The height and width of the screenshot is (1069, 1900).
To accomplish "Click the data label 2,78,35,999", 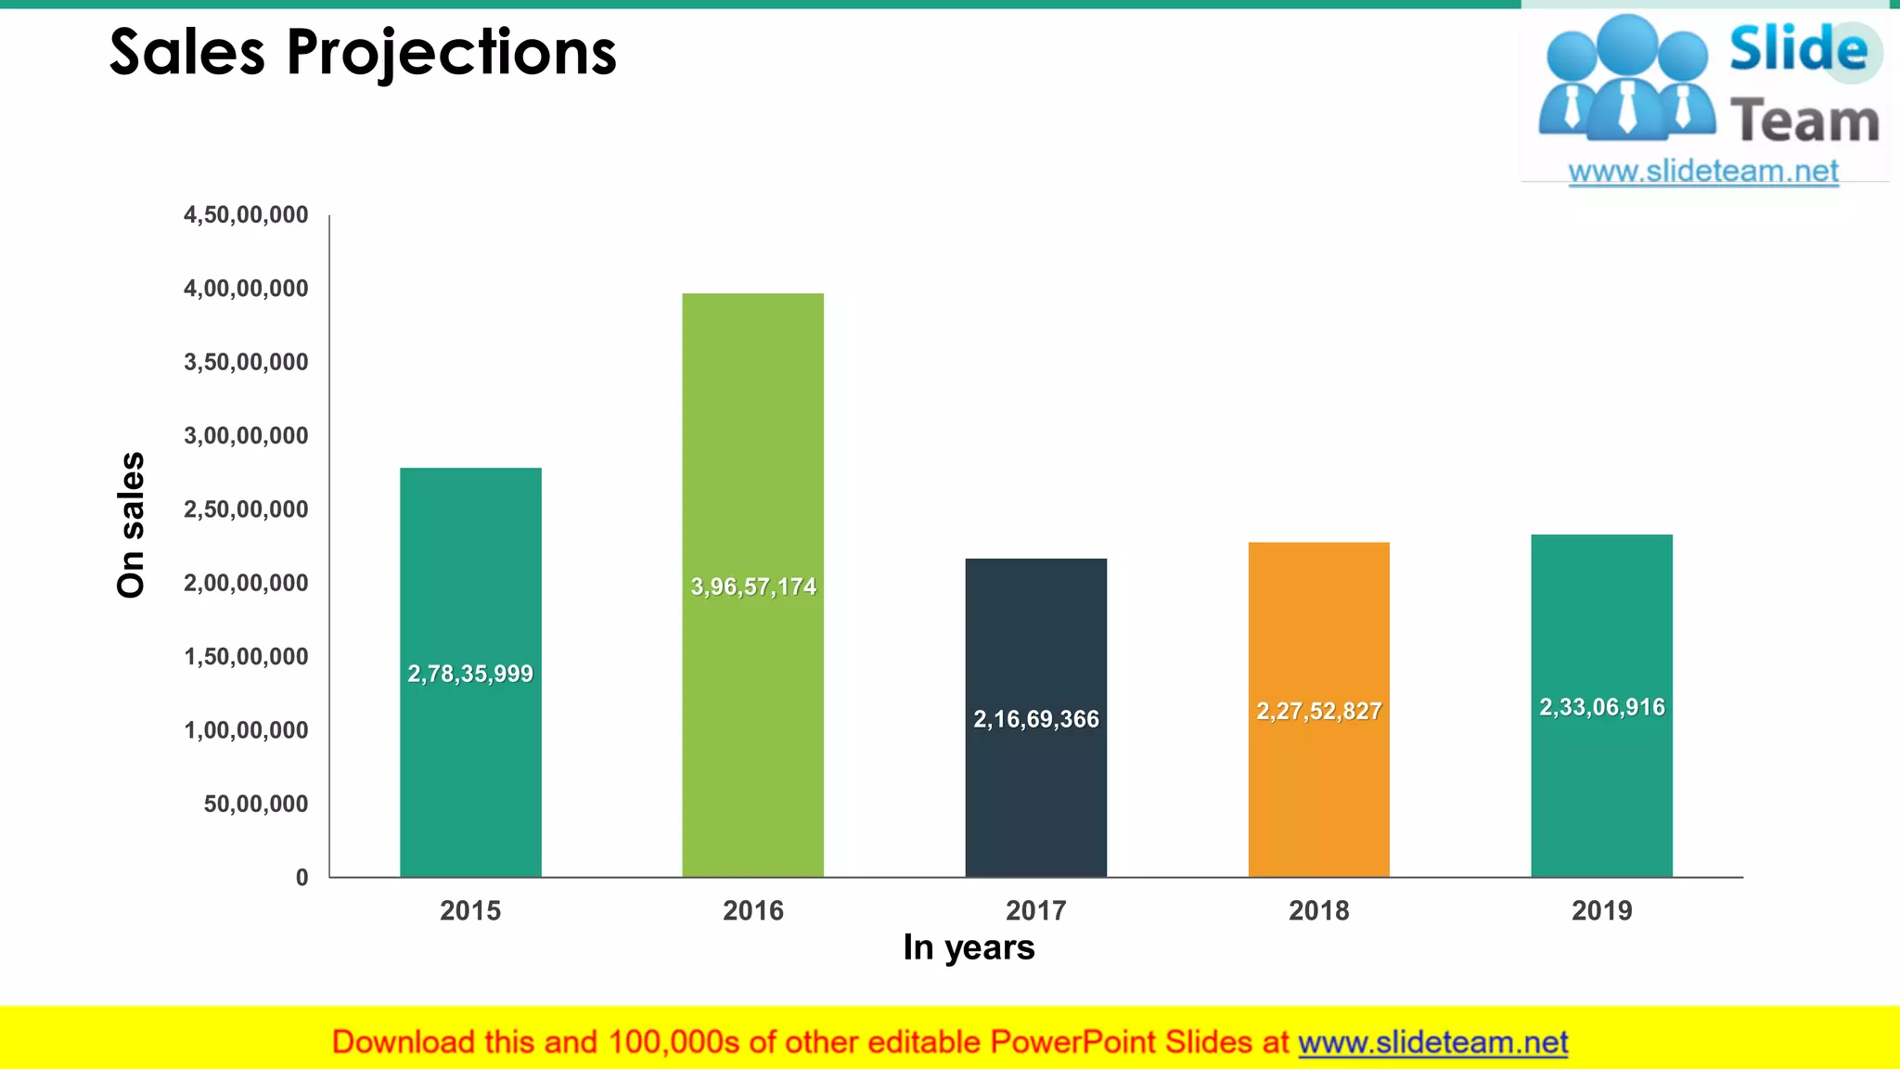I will coord(470,674).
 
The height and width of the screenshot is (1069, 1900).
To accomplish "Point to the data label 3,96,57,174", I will coord(753,586).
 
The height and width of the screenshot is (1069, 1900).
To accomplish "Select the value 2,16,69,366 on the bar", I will coord(1036,719).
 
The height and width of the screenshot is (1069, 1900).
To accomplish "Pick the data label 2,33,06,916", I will coord(1602,707).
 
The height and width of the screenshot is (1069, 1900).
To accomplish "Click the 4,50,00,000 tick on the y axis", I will coord(246,215).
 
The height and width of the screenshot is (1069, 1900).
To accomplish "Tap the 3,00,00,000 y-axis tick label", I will coord(246,436).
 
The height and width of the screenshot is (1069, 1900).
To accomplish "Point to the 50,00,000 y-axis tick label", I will coord(256,804).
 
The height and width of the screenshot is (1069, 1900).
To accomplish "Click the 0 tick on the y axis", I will coord(302,878).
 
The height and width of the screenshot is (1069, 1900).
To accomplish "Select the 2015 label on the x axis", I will coord(470,910).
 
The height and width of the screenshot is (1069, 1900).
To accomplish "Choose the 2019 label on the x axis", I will coord(1602,910).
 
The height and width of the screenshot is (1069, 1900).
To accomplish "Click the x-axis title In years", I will coord(969,947).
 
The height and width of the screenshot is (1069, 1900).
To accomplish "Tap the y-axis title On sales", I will coord(132,524).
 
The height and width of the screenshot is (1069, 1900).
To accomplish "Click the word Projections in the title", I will coord(451,53).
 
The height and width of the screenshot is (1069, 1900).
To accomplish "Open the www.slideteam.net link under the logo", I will coord(1703,172).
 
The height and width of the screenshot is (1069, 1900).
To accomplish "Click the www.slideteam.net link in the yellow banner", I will coord(1432,1042).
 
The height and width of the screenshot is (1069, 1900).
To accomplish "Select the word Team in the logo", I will coord(1804,122).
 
